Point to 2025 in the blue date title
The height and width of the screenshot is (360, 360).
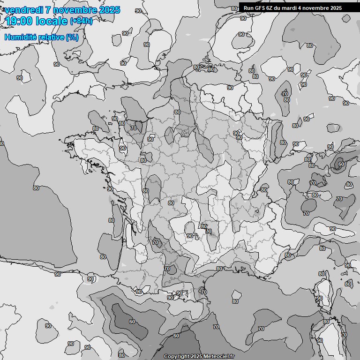click(x=109, y=10)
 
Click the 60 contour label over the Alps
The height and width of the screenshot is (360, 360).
click(x=341, y=165)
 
